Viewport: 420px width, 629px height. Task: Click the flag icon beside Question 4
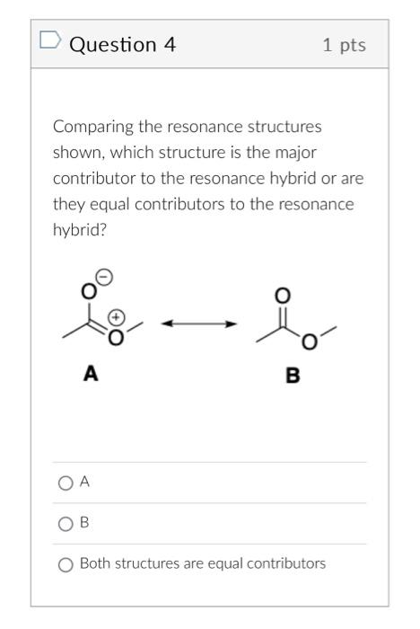click(x=50, y=40)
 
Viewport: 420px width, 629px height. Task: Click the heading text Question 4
click(x=122, y=43)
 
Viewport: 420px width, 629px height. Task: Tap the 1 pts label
click(x=345, y=44)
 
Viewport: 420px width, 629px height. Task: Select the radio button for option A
click(x=65, y=483)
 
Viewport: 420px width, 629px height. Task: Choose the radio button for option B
click(x=65, y=523)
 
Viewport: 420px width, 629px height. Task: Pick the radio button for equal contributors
click(x=65, y=564)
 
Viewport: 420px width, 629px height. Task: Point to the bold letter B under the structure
click(x=293, y=375)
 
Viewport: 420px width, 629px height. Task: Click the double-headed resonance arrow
click(x=199, y=323)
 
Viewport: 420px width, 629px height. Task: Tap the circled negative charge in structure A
click(x=104, y=278)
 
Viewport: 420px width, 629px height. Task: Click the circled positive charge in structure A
click(x=117, y=318)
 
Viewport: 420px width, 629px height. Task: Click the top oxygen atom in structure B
click(x=282, y=296)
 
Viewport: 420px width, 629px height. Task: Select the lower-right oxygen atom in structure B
click(x=309, y=342)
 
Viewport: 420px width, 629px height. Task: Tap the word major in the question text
click(x=297, y=153)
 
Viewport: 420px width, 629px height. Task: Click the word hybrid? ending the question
click(x=77, y=230)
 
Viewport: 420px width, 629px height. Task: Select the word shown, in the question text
click(x=76, y=153)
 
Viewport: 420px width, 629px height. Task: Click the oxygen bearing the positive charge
click(x=115, y=338)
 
